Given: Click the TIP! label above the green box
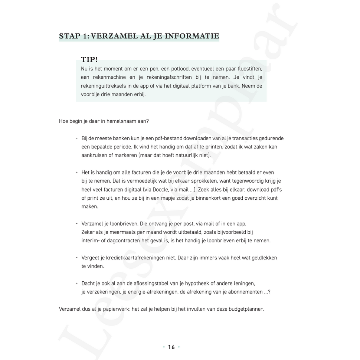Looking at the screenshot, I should point(89,60).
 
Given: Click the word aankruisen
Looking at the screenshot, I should point(94,156).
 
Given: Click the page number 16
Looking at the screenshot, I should point(171,347).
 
